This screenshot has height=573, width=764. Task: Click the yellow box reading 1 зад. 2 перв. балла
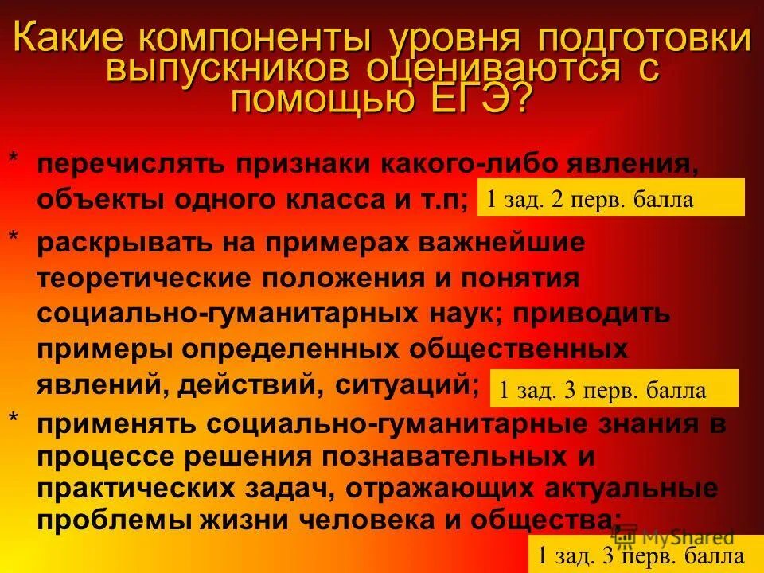[x=610, y=198]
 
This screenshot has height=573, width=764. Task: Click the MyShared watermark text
[x=688, y=538]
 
